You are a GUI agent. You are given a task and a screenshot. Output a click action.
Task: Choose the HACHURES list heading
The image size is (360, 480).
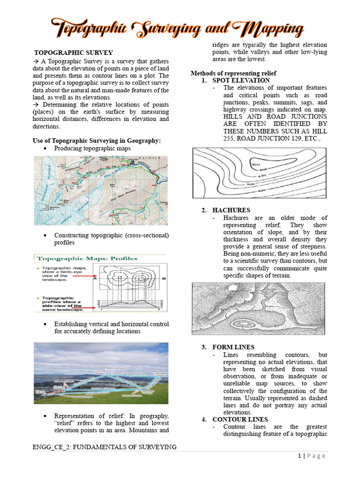tap(231, 210)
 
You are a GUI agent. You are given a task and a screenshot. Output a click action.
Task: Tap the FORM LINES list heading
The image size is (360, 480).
tap(233, 347)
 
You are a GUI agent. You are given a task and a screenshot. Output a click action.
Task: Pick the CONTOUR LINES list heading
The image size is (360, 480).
tap(240, 420)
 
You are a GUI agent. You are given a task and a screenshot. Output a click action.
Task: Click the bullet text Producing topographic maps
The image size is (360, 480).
tap(92, 149)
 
